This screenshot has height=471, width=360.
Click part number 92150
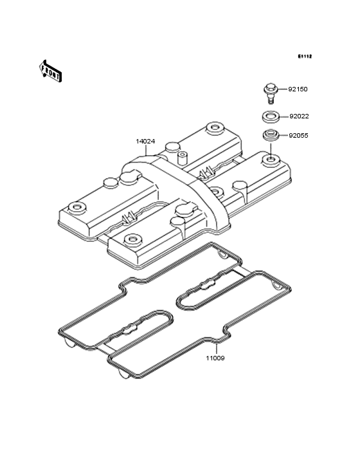[x=298, y=89]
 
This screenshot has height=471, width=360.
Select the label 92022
[x=299, y=116]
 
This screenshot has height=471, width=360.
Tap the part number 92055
[x=298, y=136]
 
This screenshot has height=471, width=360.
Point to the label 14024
[x=145, y=141]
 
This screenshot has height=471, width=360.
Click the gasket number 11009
[x=215, y=358]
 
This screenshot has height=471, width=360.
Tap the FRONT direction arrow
[x=50, y=71]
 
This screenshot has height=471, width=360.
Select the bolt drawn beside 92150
[x=271, y=94]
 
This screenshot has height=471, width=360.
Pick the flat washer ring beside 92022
[x=271, y=116]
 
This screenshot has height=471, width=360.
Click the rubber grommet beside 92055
[x=271, y=135]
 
